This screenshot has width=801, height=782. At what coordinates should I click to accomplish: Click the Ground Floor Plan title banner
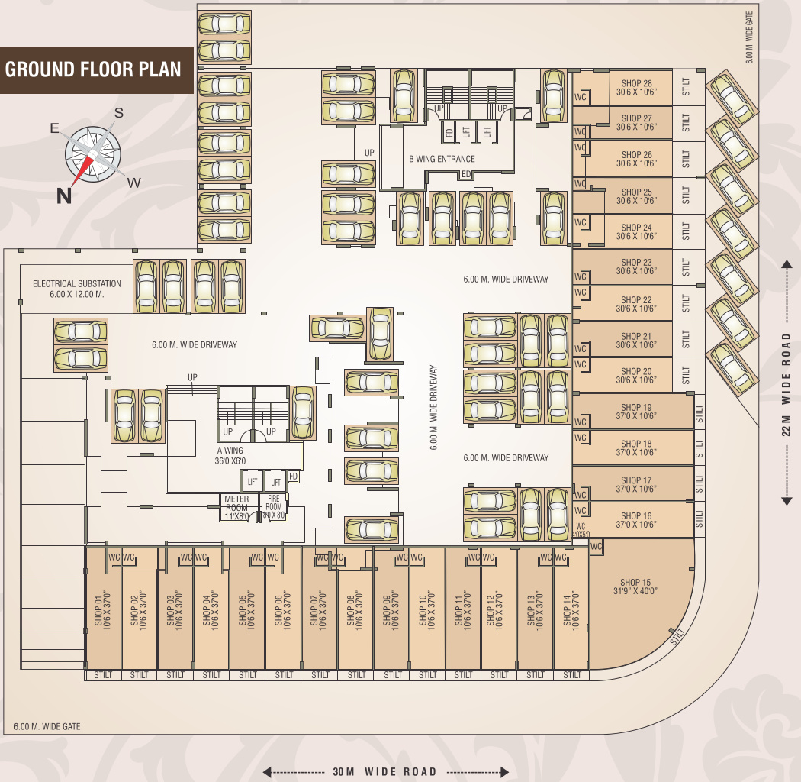point(93,69)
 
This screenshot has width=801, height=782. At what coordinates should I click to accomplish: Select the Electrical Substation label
point(77,289)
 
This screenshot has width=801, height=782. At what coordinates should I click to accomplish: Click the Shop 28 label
point(636,88)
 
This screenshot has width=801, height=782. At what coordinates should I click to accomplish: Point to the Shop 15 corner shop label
point(635,586)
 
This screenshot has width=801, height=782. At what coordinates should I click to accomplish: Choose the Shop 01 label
point(102,609)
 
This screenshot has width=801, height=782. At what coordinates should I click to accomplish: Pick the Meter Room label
point(236,508)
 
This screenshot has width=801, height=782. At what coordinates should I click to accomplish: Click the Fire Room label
point(274,507)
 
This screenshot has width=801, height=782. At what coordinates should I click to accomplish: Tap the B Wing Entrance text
point(442,159)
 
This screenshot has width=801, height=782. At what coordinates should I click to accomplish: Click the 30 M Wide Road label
point(385,771)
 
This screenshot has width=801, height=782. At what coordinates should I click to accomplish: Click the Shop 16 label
point(636,520)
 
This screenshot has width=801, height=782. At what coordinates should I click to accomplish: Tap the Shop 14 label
point(571,609)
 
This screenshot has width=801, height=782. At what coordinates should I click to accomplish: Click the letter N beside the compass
point(65,196)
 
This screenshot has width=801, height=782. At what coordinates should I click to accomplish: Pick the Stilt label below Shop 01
point(103,675)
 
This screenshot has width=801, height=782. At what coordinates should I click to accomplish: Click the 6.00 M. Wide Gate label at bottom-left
point(47,726)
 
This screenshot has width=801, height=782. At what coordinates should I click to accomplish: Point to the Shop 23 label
point(636,267)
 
